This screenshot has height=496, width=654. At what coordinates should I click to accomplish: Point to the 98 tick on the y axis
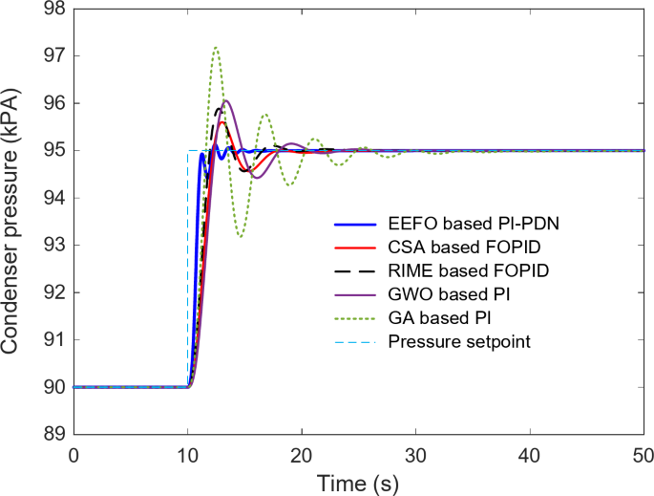(x=54, y=9)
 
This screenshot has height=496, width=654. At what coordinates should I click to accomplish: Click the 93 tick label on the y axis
(x=54, y=246)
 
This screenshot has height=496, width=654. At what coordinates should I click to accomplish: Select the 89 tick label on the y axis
(x=54, y=435)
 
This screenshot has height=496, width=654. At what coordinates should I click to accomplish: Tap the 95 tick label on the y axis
(x=54, y=151)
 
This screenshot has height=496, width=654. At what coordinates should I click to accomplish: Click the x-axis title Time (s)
(x=358, y=480)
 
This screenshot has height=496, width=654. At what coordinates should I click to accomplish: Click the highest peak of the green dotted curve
(x=216, y=47)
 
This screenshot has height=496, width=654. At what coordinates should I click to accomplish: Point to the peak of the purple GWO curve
(x=226, y=100)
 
